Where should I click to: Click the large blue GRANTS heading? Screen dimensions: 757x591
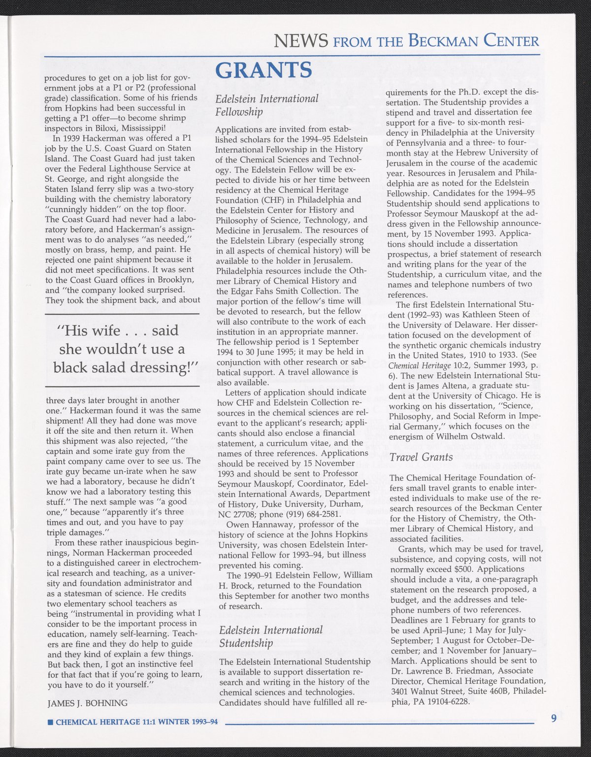coord(264,70)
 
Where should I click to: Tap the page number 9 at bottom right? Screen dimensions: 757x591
coord(554,718)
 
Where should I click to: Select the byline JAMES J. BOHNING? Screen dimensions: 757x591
coord(87,703)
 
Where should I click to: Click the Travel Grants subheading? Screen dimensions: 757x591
coord(421,458)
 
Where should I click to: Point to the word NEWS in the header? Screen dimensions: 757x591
coord(301,40)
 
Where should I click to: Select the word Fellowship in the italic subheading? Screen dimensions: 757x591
coord(239,112)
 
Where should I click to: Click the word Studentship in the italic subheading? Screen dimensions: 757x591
coord(246,643)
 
